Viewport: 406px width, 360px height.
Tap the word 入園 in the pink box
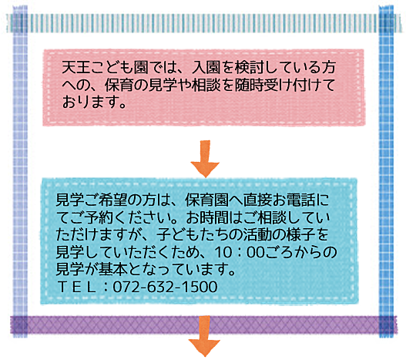click(206, 67)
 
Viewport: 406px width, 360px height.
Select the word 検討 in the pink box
click(249, 67)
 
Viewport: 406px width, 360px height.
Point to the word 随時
click(249, 85)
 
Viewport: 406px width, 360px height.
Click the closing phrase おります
click(88, 102)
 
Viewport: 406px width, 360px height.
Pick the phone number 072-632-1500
click(165, 287)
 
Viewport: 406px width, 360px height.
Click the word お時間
click(207, 217)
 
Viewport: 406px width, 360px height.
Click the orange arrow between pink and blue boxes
click(205, 159)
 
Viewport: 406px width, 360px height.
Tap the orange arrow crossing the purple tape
click(205, 336)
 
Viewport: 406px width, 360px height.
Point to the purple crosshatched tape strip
click(203, 325)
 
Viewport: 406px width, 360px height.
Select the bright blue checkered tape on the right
click(386, 172)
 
